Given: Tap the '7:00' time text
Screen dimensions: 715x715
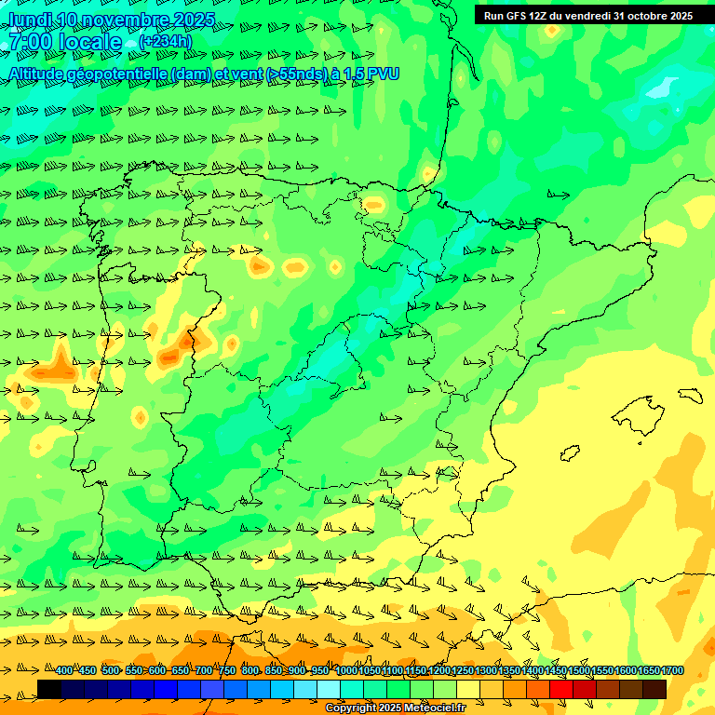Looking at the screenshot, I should [x=29, y=42].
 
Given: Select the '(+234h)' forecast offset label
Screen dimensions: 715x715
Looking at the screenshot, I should [x=165, y=42].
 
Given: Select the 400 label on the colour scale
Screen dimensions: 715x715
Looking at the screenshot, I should [x=63, y=671].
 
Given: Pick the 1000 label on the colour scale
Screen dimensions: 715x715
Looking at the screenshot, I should [x=345, y=671].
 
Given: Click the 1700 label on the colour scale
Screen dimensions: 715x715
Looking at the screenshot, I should [x=672, y=671].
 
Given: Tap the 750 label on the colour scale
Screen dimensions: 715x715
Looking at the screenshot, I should [x=226, y=671].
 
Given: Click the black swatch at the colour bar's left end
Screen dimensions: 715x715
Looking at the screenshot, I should [x=49, y=689].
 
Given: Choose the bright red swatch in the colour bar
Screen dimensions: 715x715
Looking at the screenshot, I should [x=560, y=689].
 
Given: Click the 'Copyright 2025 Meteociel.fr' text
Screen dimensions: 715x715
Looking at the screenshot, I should [x=396, y=708].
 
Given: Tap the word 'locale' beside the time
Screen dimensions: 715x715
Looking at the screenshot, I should [x=90, y=42].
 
